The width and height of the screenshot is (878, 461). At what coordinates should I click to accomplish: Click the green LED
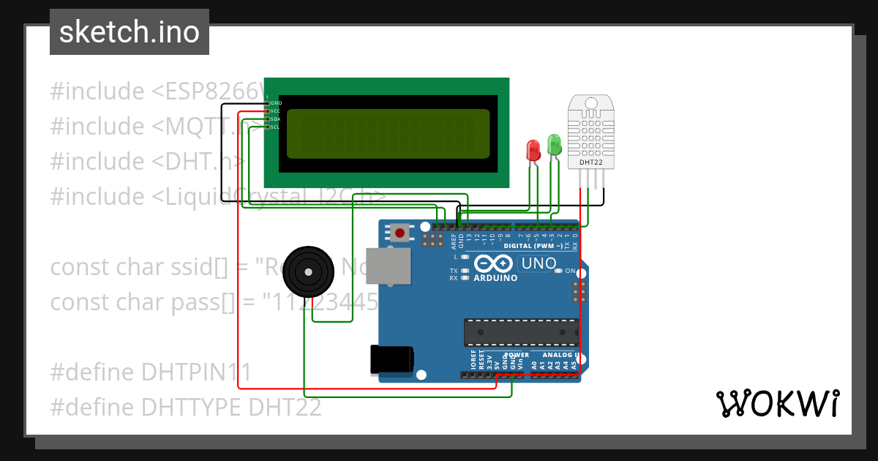click(554, 144)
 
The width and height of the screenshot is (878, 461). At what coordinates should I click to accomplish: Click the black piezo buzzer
click(309, 271)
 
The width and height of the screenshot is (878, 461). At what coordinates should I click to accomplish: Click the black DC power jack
click(392, 359)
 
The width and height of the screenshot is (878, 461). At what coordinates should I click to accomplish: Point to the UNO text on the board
click(538, 263)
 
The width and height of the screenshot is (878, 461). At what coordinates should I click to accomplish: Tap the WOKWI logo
click(777, 403)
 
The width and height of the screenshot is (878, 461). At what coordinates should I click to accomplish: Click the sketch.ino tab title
click(130, 32)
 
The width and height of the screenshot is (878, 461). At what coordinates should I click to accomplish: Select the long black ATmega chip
click(521, 332)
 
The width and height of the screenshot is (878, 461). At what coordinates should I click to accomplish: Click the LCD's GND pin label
click(276, 103)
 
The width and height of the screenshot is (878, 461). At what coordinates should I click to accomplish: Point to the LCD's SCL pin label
click(275, 127)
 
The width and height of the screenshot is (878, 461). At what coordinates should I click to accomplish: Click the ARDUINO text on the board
click(495, 278)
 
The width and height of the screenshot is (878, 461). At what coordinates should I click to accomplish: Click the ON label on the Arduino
click(571, 271)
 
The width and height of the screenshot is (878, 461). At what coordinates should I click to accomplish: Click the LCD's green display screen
click(388, 134)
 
